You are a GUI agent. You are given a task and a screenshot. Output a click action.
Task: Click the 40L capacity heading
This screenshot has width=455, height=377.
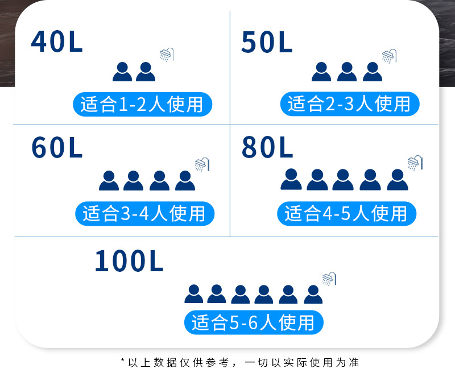point(57,42)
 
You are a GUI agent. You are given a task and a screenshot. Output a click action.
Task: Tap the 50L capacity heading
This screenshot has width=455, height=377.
point(267,42)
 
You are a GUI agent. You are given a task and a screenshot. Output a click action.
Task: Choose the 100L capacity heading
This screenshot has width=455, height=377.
point(129,261)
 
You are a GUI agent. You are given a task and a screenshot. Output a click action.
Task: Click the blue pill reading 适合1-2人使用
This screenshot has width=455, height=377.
point(142,105)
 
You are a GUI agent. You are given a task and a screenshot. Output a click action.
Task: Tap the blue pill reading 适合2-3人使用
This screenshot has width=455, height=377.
point(349,103)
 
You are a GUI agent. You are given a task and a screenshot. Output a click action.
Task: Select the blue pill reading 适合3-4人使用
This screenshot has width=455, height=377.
point(144,213)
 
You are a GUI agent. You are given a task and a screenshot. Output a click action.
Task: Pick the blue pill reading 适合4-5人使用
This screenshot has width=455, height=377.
point(346,213)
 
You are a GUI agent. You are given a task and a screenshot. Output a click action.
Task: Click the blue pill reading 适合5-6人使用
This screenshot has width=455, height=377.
point(253,322)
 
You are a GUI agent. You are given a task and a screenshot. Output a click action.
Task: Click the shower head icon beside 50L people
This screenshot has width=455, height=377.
point(389,56)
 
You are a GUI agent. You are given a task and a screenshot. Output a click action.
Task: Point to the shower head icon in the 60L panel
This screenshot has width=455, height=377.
point(202,164)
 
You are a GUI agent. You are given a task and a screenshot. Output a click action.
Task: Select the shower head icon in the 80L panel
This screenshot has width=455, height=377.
point(415,163)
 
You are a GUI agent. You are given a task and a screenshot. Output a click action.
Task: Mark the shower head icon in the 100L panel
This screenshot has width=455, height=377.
point(329,279)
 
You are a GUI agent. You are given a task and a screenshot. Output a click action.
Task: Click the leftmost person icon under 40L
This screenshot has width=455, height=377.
point(122,72)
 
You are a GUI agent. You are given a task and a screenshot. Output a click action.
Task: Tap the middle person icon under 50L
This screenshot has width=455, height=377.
point(347,72)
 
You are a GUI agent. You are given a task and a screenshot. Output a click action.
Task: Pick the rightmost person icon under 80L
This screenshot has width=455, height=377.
point(397,179)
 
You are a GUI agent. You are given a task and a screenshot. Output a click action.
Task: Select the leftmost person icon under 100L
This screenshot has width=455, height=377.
point(193,293)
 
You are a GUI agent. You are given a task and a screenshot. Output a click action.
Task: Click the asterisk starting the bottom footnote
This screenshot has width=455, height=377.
point(123,361)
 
